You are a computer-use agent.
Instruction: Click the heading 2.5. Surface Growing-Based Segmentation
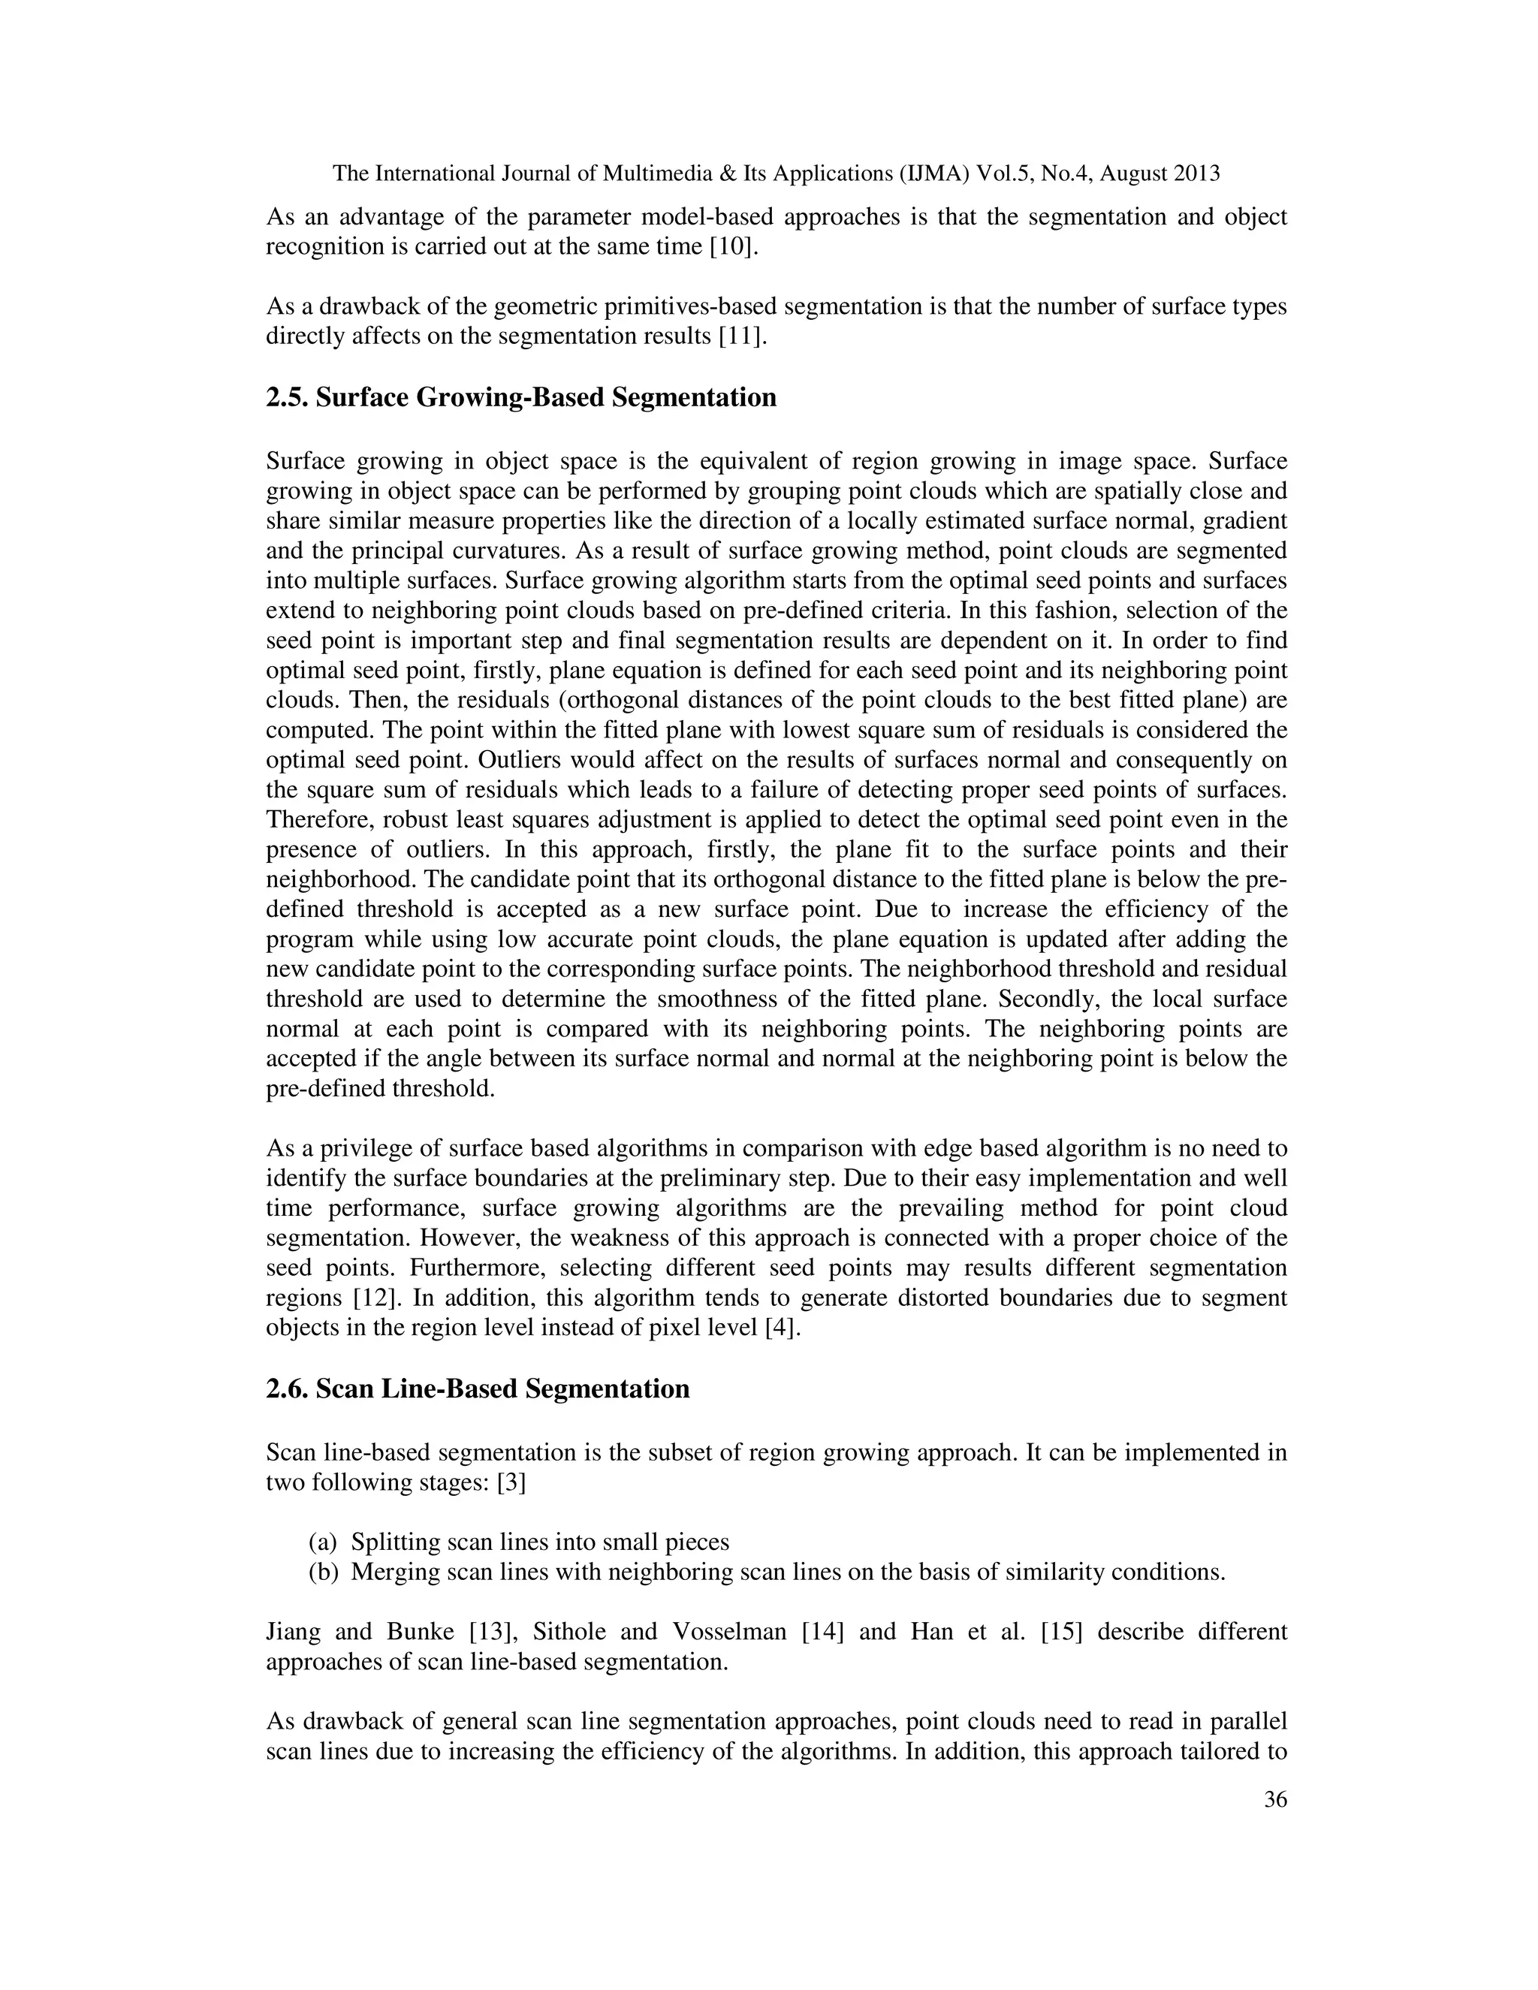click(x=521, y=398)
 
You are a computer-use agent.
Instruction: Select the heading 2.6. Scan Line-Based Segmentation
click(x=478, y=1388)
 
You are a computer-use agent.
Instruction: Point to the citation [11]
click(x=743, y=336)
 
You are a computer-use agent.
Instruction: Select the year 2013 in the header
click(x=1196, y=173)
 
